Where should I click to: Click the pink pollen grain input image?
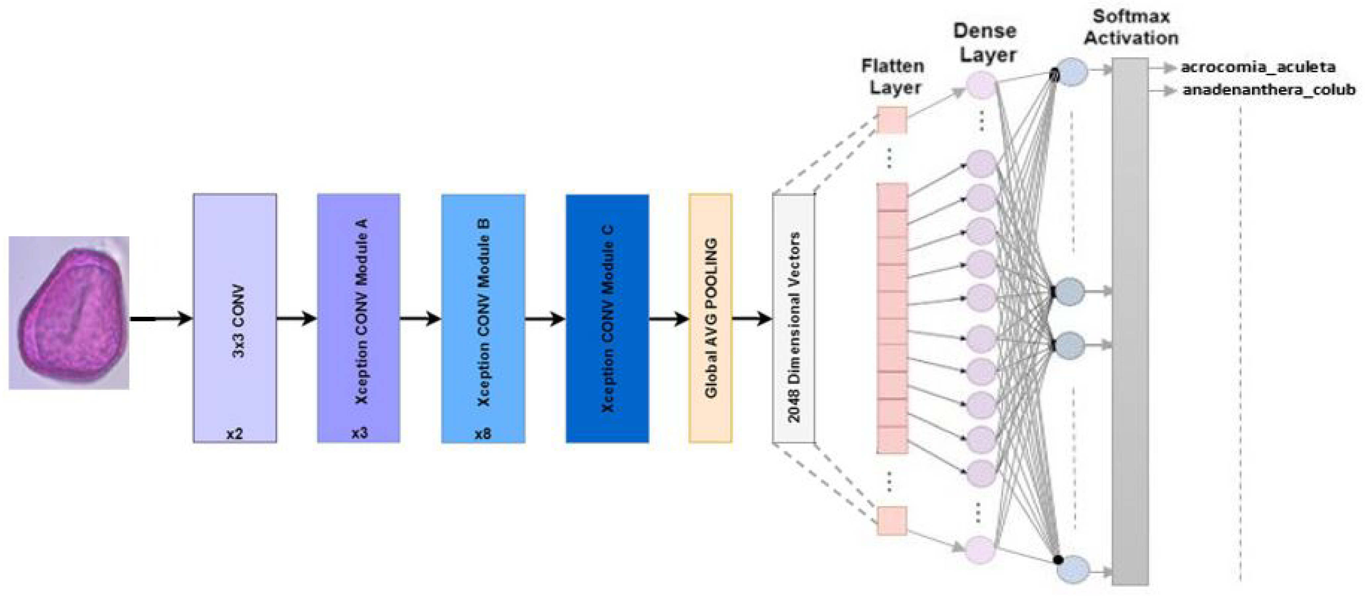(x=69, y=313)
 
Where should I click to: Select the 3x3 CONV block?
(x=235, y=318)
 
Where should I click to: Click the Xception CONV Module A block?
(x=359, y=318)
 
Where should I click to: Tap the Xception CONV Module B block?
(x=483, y=318)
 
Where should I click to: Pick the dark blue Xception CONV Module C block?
(x=607, y=318)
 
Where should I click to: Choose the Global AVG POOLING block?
(x=710, y=318)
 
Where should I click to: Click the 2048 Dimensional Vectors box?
(x=793, y=318)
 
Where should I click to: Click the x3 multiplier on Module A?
(x=359, y=433)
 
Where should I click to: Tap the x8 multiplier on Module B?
(x=483, y=434)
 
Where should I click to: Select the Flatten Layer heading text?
(x=893, y=77)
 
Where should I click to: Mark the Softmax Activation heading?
(x=1131, y=27)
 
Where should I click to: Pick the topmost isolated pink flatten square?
(x=892, y=120)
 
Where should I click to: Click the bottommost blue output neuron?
(x=1073, y=569)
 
